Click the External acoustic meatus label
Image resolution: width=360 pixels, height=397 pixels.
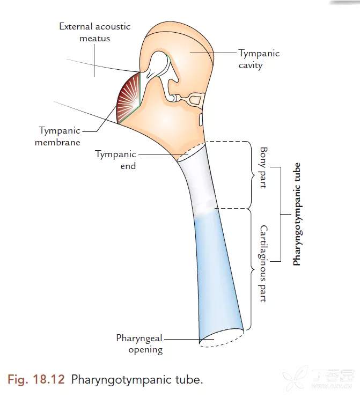point(94,32)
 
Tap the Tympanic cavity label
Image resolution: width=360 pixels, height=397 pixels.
point(259,59)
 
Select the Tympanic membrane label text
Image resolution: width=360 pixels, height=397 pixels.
point(60,136)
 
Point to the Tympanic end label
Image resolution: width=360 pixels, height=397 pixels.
point(115,160)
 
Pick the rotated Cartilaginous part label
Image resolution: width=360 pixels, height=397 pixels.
point(263,263)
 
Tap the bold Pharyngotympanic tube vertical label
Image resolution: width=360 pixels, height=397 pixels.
point(297,214)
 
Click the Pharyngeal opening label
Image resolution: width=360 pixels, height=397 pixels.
point(139,344)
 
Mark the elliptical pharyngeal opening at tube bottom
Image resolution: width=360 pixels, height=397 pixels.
point(221,338)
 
